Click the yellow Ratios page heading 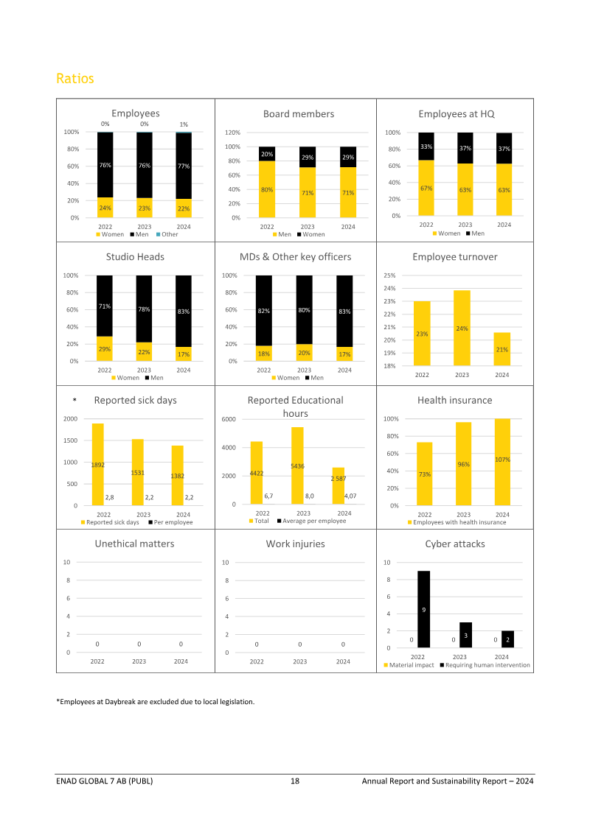click(x=75, y=78)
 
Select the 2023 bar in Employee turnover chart click(x=462, y=328)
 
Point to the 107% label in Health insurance click(x=503, y=460)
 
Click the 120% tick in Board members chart click(x=232, y=133)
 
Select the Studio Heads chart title click(x=135, y=256)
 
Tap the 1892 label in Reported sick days click(x=98, y=465)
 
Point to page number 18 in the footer click(x=294, y=781)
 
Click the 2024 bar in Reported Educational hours click(x=339, y=486)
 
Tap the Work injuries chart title click(x=295, y=544)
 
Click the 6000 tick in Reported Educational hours click(x=228, y=419)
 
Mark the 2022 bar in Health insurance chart click(x=425, y=474)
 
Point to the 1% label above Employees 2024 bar click(x=184, y=125)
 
